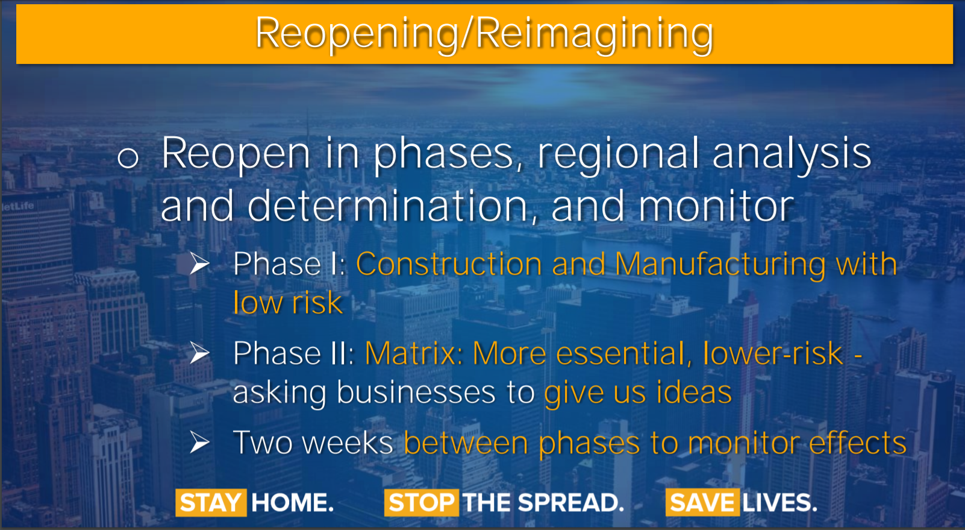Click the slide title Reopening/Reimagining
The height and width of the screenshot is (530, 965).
coord(484,34)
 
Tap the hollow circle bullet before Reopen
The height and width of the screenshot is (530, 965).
coord(128,157)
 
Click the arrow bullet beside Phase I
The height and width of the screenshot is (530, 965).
coord(199,263)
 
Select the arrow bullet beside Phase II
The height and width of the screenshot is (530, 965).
coord(199,353)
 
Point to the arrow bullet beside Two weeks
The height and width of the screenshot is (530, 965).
coord(199,443)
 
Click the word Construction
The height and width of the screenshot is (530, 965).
coord(449,264)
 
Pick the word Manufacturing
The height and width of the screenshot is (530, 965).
coord(720,265)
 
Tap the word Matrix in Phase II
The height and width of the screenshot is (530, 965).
coord(414,353)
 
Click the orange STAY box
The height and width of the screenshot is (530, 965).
coord(211,503)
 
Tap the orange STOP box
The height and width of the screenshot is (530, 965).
coord(421,503)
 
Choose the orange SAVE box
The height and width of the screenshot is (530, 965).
coord(702,503)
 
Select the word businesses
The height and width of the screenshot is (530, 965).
coord(416,392)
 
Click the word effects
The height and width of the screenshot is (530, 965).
coord(857,443)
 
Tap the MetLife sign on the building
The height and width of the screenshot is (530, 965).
coord(18,206)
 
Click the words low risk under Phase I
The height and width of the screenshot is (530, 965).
coord(287,302)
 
